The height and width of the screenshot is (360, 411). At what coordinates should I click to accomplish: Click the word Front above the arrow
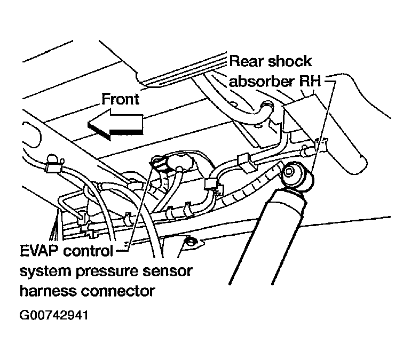(x=120, y=99)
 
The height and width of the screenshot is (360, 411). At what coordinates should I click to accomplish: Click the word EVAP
(x=40, y=251)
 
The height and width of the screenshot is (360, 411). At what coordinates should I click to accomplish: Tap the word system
(x=44, y=271)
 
